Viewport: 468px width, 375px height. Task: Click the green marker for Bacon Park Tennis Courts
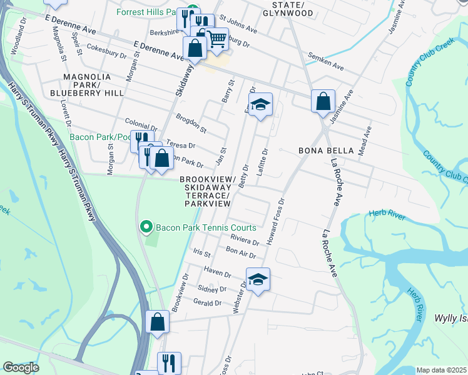tap(146, 226)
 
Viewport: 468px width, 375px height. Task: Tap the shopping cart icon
tap(216, 39)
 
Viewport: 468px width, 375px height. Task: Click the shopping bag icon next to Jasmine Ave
tap(323, 101)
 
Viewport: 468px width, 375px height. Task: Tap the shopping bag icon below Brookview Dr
tap(158, 322)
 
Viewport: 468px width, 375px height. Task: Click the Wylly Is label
tap(451, 318)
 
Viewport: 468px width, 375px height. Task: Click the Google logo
tap(21, 367)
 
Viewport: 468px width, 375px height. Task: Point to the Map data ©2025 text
tap(441, 370)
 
